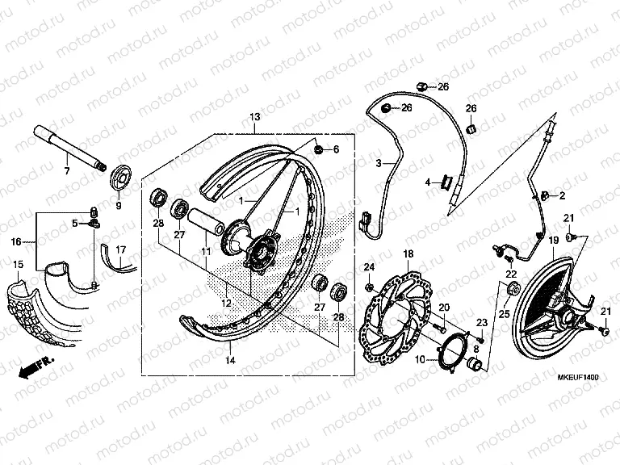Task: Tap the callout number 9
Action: (x=118, y=206)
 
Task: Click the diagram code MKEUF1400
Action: (x=576, y=378)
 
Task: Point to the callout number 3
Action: (x=378, y=163)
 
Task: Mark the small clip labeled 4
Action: (x=444, y=182)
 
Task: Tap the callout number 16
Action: (x=16, y=241)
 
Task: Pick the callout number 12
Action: (x=227, y=303)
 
